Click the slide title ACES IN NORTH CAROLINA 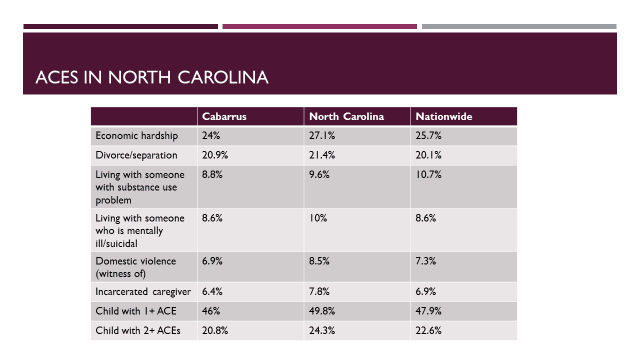[152, 77]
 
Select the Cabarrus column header [224, 116]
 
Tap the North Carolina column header [347, 116]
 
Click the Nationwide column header [444, 116]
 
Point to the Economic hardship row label [137, 136]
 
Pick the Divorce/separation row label [136, 155]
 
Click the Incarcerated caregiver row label [143, 292]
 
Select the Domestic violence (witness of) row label [136, 267]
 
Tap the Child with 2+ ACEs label [138, 330]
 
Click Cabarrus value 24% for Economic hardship [211, 136]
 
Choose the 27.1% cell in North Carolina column [322, 136]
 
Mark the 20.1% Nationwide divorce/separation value [428, 155]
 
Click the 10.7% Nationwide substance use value [428, 175]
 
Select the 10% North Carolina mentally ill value [318, 218]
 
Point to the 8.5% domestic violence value [319, 261]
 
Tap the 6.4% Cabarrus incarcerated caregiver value [212, 291]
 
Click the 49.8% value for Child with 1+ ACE [322, 311]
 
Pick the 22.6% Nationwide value [428, 330]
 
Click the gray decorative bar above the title [519, 27]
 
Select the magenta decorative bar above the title [320, 27]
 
